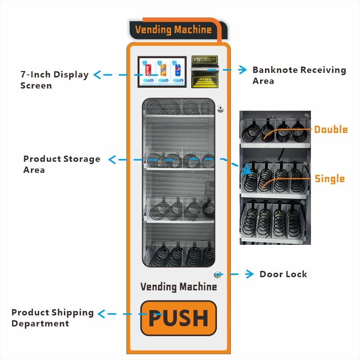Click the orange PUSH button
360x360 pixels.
tap(178, 318)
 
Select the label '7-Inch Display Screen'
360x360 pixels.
tap(54, 80)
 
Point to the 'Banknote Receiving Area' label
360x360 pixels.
tap(299, 75)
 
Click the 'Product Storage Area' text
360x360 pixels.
tap(62, 164)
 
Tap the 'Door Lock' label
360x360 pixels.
tap(283, 274)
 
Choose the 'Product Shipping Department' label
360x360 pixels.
tap(53, 318)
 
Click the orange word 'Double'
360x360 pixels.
tap(331, 130)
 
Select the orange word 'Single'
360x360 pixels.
tap(329, 179)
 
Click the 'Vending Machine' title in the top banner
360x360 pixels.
tap(173, 30)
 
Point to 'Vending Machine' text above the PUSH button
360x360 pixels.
tap(178, 287)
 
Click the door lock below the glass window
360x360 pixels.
tap(218, 274)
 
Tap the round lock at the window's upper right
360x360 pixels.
tap(220, 108)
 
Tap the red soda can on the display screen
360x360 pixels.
tap(148, 69)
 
